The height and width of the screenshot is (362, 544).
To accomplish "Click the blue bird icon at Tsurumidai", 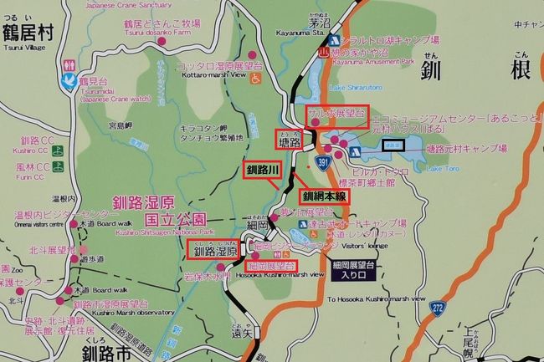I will [69, 81].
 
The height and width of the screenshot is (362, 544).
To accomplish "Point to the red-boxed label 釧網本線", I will [324, 196].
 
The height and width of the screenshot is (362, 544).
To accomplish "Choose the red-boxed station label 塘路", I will [290, 139].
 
